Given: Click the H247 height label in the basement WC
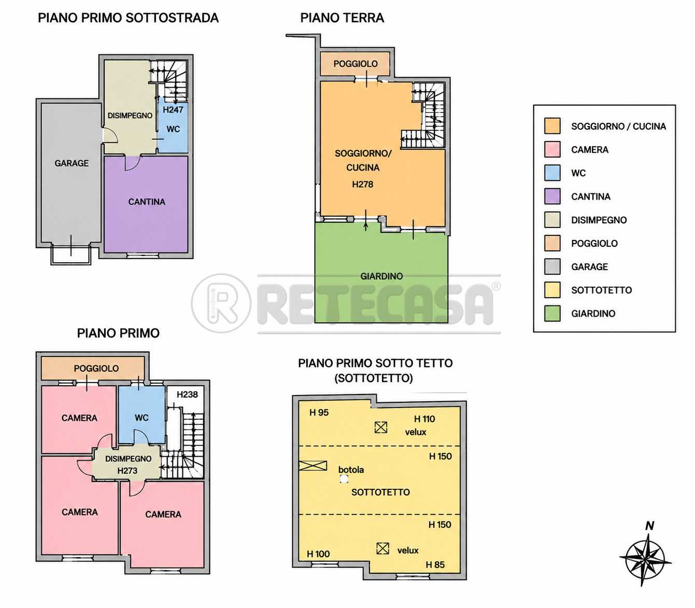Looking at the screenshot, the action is (173, 110).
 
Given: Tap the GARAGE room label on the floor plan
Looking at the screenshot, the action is (72, 163).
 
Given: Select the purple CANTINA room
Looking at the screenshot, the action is (146, 204).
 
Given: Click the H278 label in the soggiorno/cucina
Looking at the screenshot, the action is (362, 185).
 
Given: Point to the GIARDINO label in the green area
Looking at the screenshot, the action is (381, 276).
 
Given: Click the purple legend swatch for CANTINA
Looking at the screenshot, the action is (552, 196).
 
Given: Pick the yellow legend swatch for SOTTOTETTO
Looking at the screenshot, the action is (552, 290).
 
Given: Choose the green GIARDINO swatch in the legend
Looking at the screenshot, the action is (552, 313).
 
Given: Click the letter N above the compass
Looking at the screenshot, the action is (649, 526).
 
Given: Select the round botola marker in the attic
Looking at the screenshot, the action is (344, 479).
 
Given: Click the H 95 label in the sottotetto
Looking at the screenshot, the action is (319, 413).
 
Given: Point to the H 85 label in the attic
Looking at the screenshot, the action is (435, 564).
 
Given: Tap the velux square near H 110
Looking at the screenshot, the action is (381, 427).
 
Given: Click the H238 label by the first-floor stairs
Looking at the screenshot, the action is (187, 394).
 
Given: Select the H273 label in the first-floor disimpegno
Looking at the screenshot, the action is (127, 471).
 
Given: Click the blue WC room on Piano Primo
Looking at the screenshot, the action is (141, 415).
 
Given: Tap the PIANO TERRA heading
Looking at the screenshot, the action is (342, 18).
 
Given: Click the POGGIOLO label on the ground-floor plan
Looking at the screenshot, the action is (356, 64).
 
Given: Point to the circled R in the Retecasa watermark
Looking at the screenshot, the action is (221, 303).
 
